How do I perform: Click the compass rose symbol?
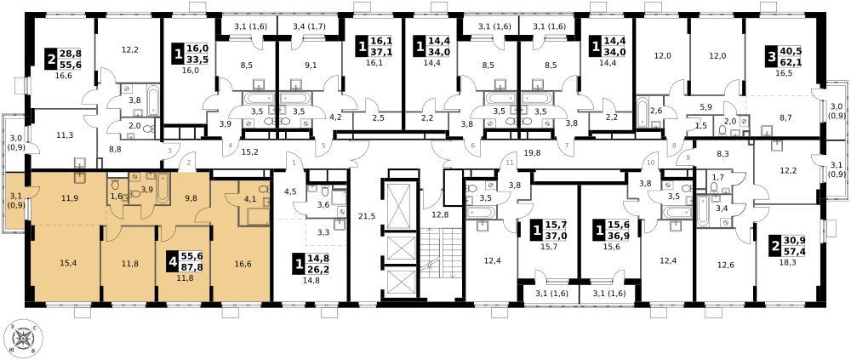(23, 339)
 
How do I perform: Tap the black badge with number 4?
(173, 265)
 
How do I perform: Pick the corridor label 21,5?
(367, 215)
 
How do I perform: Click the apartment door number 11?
(509, 163)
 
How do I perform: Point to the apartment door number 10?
(651, 163)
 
